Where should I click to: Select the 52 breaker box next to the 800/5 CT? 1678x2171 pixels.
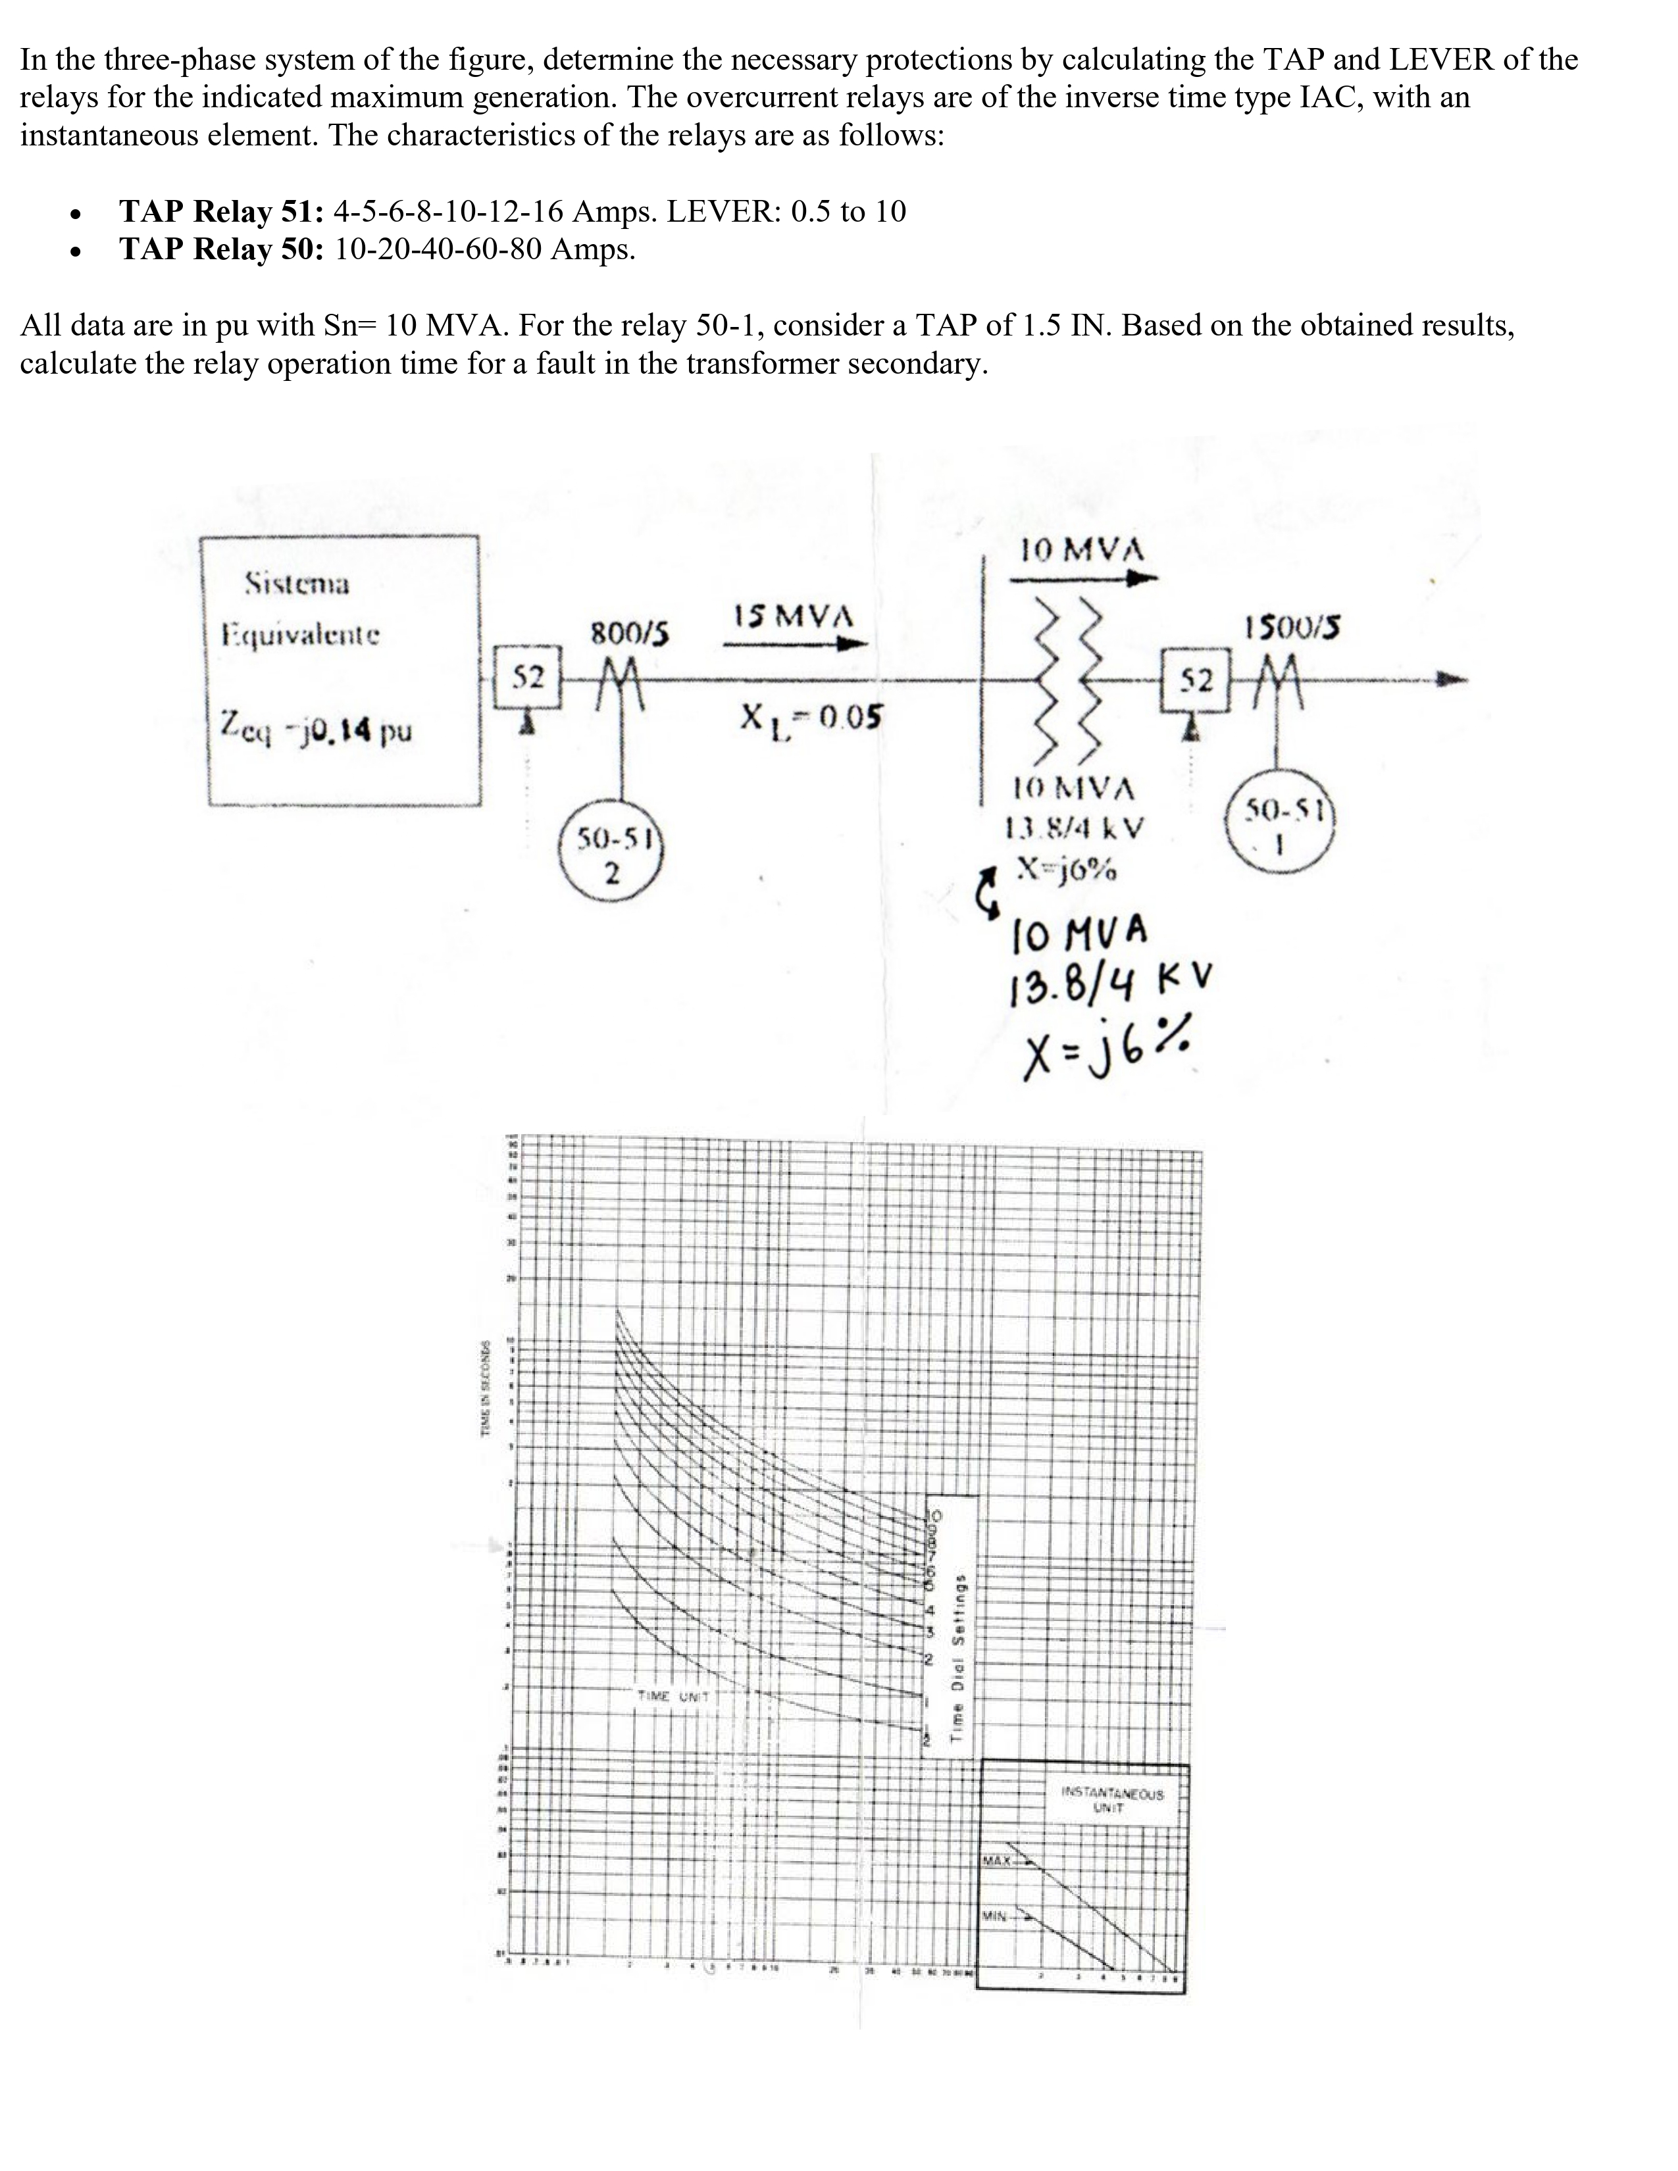click(528, 678)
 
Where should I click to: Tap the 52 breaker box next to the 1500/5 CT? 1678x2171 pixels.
click(1195, 681)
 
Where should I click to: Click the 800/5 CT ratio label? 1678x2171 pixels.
click(629, 633)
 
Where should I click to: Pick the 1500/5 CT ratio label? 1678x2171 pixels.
click(1291, 627)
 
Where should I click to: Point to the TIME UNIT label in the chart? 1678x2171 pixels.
click(673, 1696)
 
